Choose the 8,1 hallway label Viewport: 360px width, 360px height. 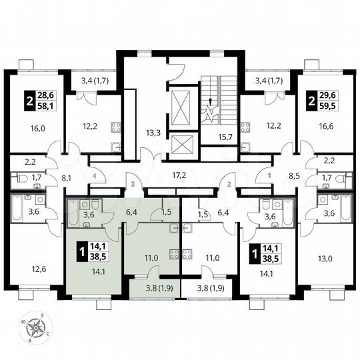(x=67, y=179)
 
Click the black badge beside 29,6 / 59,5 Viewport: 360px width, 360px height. (x=311, y=102)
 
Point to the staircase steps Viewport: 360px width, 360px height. (x=220, y=97)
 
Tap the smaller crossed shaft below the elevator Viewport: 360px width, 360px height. (x=181, y=145)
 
